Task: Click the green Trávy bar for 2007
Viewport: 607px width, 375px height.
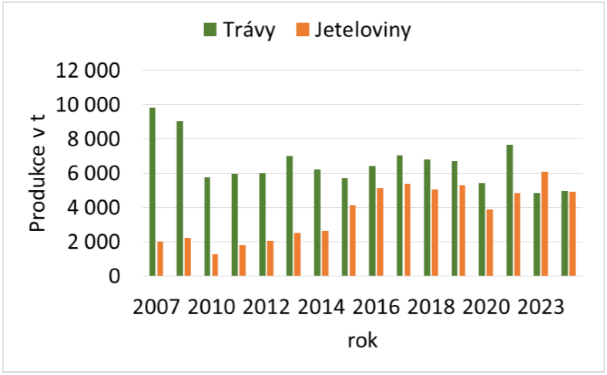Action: tap(153, 192)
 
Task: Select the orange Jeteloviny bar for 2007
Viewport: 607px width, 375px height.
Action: tap(160, 259)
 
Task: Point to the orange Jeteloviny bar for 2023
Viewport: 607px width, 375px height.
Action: tap(545, 223)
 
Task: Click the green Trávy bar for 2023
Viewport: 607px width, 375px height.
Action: tap(537, 234)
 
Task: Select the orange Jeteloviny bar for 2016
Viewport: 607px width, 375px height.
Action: tap(380, 232)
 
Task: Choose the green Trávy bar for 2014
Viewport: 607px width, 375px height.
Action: tap(317, 223)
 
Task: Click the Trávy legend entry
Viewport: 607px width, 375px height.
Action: tap(239, 31)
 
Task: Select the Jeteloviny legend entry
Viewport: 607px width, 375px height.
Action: tap(354, 31)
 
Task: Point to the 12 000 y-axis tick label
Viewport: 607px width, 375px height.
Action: tap(89, 71)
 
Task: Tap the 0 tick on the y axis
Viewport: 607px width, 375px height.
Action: tap(115, 276)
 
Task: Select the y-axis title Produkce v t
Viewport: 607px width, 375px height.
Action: tap(37, 173)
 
